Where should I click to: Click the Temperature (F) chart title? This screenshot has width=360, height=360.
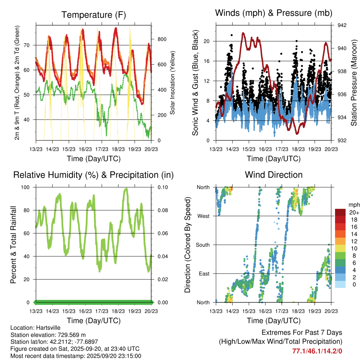pos(94,15)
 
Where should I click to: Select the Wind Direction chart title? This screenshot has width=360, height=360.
pos(274,175)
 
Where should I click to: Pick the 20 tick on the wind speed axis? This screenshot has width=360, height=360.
pos(206,41)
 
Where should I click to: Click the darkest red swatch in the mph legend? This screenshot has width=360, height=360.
pos(340,212)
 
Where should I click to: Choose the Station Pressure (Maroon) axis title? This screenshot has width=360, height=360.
pos(354,83)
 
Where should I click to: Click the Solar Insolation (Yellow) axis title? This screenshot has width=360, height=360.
pos(173,83)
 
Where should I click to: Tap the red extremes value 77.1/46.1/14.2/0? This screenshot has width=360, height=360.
pos(317,351)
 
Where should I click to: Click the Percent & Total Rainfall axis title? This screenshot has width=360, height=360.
pos(13,245)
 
